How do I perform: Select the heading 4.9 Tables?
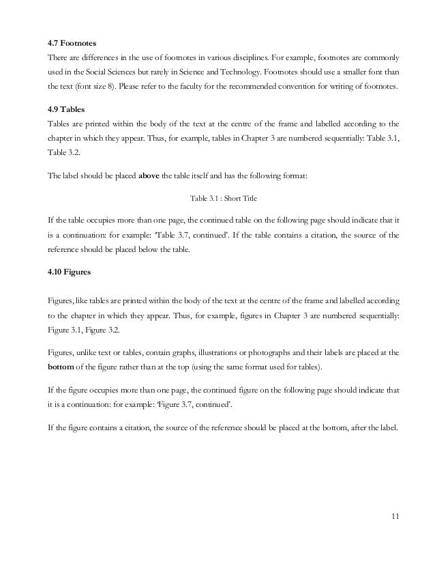pyautogui.click(x=65, y=110)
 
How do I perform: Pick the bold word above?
pyautogui.click(x=149, y=175)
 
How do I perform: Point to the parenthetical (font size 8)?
pyautogui.click(x=94, y=88)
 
